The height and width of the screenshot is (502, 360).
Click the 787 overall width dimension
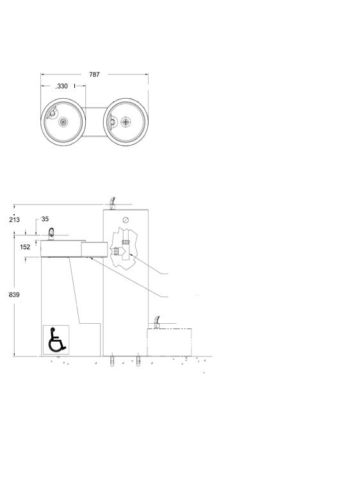94,74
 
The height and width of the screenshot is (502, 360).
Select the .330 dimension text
61,86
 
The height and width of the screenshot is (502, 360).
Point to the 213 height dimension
14,220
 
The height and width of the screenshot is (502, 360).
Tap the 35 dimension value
45,219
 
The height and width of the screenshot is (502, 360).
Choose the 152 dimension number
25,247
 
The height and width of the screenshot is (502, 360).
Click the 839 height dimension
14,294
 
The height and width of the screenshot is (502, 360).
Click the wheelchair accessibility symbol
56,340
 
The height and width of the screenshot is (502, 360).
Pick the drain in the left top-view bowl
63,122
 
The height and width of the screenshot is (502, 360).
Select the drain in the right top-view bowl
126,122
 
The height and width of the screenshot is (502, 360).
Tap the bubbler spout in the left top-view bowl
52,113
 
